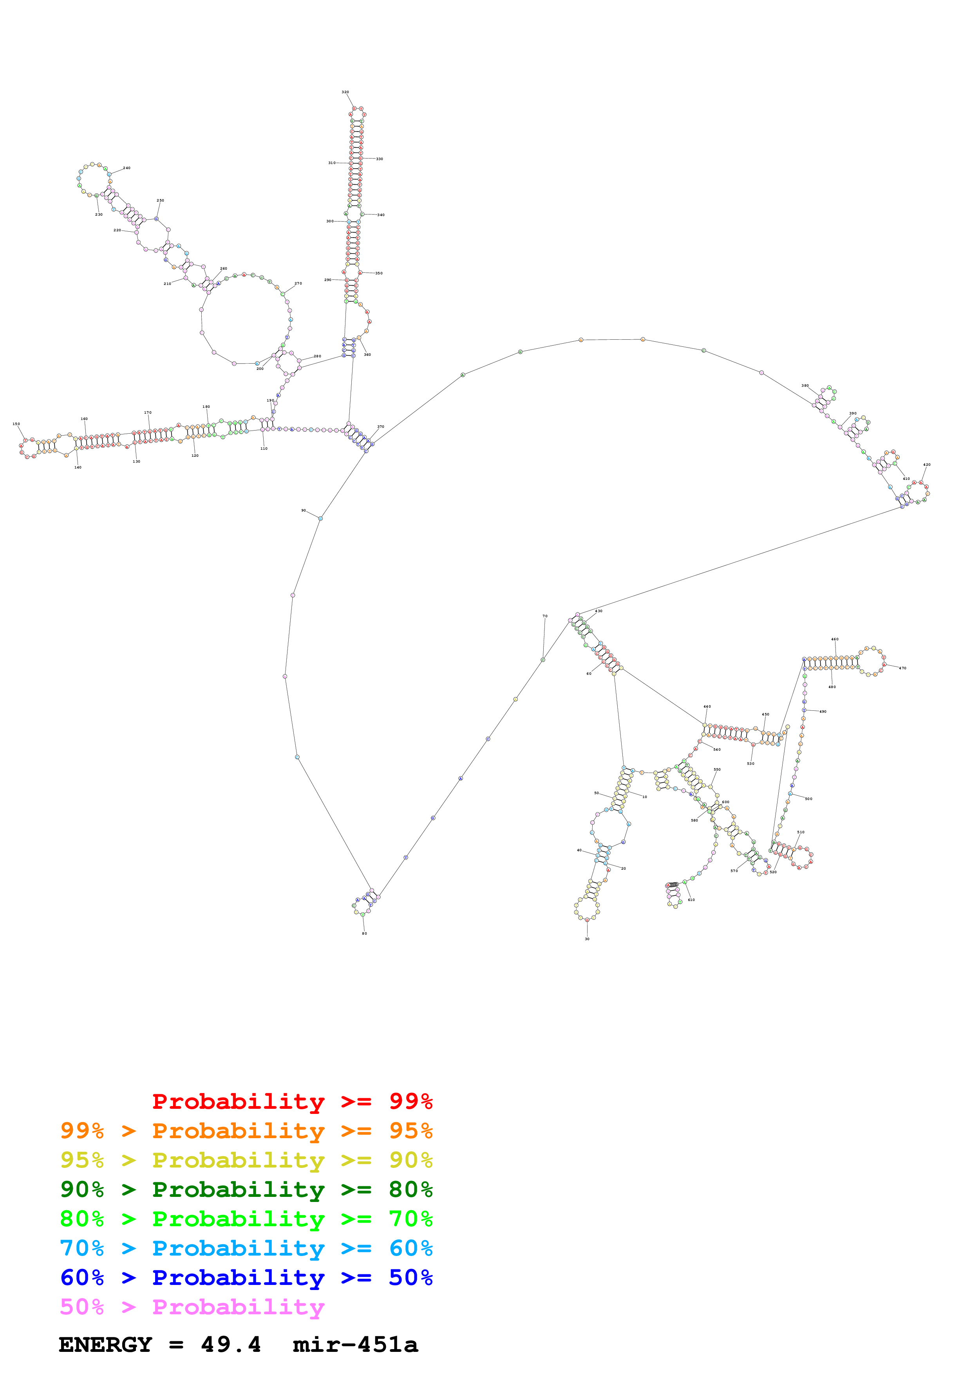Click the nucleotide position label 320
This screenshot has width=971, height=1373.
click(x=345, y=92)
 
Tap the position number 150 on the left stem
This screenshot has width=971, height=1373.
click(x=16, y=424)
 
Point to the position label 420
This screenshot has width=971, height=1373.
click(x=927, y=465)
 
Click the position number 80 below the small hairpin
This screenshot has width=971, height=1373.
click(x=364, y=933)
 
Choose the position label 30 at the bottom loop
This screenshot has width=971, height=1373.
click(x=587, y=939)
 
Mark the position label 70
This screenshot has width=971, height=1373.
click(x=545, y=616)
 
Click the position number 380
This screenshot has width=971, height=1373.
click(x=805, y=386)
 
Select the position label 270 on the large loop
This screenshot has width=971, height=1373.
click(x=298, y=283)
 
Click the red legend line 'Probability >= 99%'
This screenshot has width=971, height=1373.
click(x=292, y=1101)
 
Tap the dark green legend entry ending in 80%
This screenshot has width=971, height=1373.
click(x=246, y=1189)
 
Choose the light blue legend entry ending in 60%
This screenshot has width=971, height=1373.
click(x=246, y=1248)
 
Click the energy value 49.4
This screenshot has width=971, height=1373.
click(x=231, y=1344)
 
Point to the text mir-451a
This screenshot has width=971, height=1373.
click(x=355, y=1344)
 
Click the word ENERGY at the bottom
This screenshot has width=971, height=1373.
click(x=105, y=1344)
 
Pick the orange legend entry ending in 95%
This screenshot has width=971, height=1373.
click(x=246, y=1131)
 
